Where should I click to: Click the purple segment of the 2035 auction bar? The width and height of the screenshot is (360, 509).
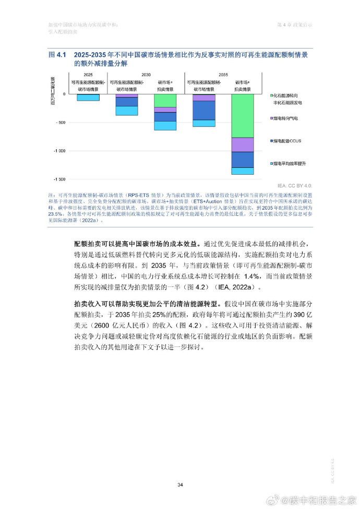(x=243, y=144)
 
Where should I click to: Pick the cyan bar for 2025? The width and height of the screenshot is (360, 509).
(x=88, y=97)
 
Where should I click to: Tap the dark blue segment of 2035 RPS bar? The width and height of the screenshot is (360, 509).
(x=203, y=111)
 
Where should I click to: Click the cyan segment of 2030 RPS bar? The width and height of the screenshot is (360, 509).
(x=127, y=111)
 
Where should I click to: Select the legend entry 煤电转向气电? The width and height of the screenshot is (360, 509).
(x=285, y=118)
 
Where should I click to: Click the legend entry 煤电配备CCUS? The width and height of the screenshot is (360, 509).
(x=286, y=141)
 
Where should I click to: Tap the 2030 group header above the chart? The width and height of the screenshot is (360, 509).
(x=146, y=75)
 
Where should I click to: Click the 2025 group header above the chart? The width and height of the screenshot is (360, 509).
(x=88, y=75)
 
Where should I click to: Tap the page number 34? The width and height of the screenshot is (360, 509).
(x=180, y=485)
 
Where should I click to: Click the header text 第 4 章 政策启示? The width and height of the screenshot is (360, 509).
(x=295, y=25)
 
